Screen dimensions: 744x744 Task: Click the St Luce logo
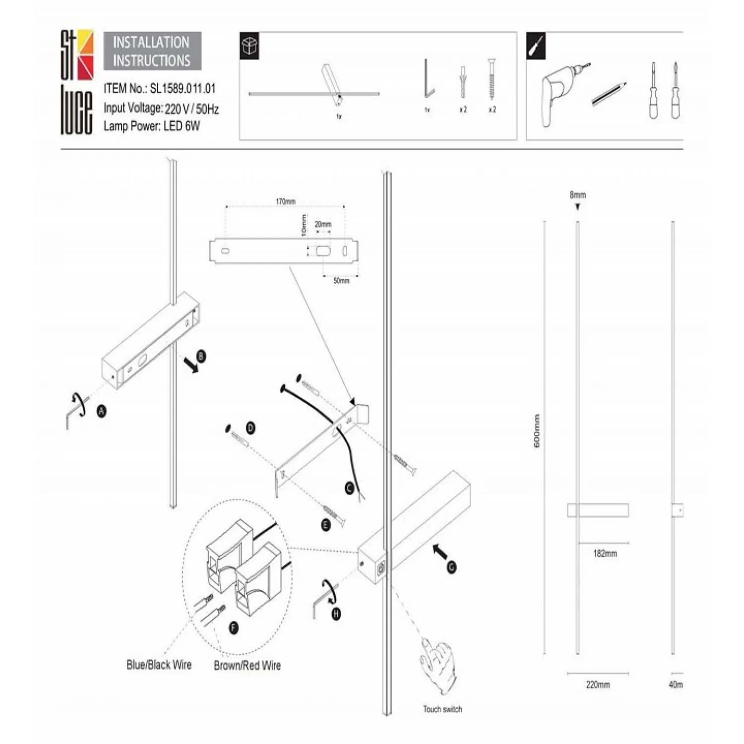click(77, 82)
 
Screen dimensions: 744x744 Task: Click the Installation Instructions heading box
click(152, 51)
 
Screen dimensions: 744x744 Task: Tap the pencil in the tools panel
click(609, 94)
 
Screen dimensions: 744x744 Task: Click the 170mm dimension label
click(285, 201)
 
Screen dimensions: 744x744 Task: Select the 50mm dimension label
click(341, 281)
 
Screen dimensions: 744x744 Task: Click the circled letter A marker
click(102, 411)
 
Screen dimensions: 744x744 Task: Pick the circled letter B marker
click(201, 356)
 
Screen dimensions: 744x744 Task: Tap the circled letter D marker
click(250, 428)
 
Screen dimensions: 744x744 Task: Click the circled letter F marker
click(234, 627)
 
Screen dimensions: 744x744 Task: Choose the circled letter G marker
click(451, 567)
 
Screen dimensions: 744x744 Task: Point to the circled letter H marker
click(336, 614)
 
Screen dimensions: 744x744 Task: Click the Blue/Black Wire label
click(159, 665)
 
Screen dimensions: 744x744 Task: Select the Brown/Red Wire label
click(247, 666)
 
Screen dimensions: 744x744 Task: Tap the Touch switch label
click(442, 709)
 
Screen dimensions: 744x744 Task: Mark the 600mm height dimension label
click(537, 432)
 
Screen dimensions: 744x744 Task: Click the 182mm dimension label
click(605, 554)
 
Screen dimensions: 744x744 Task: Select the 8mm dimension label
click(577, 195)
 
